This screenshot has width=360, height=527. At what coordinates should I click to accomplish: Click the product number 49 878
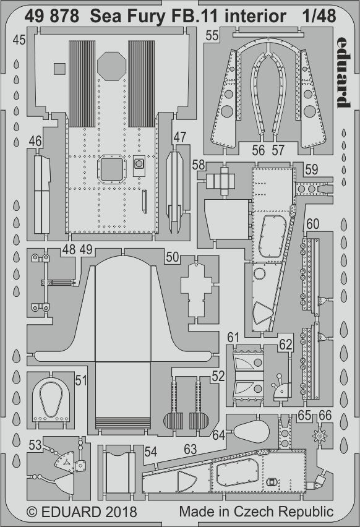[51, 16]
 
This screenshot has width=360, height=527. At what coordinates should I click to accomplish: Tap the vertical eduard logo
[343, 72]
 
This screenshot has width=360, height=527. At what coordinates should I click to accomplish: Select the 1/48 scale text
[319, 16]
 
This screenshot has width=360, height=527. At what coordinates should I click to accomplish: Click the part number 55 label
[212, 35]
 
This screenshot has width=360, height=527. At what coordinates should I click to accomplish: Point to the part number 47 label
[180, 137]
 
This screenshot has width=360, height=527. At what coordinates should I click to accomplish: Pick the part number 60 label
[312, 223]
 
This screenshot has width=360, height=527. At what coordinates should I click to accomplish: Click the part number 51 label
[81, 380]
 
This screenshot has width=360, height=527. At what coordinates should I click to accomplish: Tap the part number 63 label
[191, 449]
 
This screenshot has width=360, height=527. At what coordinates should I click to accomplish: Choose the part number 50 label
[173, 257]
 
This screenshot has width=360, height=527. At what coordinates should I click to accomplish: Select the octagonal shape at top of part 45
[111, 66]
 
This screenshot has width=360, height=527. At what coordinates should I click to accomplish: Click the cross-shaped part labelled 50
[197, 289]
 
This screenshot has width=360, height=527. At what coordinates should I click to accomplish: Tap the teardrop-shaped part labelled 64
[251, 431]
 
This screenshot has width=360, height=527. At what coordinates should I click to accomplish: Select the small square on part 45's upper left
[59, 69]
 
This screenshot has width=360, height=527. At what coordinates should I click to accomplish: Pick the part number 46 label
[35, 141]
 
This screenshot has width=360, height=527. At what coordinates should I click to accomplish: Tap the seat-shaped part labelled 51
[51, 400]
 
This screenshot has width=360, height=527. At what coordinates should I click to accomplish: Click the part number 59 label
[311, 169]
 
